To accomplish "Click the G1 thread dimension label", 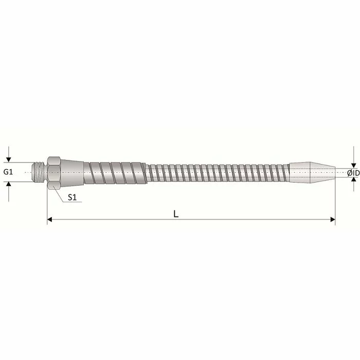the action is pos(8,172).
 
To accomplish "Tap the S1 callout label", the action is pos(72,197).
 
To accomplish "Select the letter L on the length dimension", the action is pos(176,214).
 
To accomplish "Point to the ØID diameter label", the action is pos(353,173).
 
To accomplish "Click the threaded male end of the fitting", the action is pos(40,172).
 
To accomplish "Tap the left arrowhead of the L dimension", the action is pos(49,220).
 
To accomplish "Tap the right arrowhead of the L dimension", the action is pos(333,220).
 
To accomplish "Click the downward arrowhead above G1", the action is pos(9,159).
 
